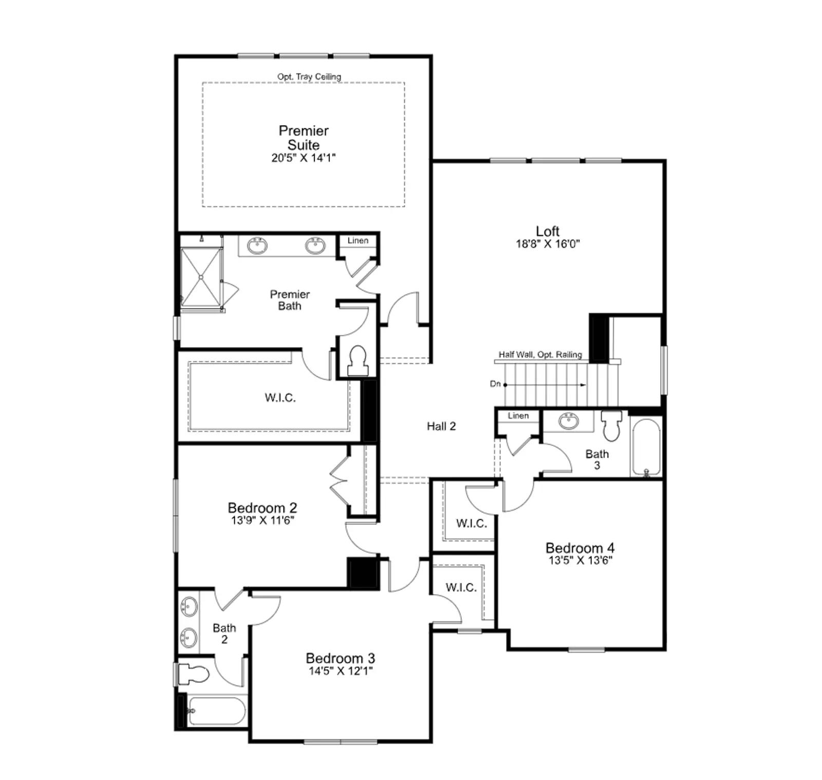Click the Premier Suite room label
pyautogui.click(x=304, y=138)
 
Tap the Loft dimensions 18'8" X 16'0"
pyautogui.click(x=548, y=244)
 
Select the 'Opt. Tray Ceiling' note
pyautogui.click(x=309, y=77)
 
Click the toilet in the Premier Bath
pyautogui.click(x=358, y=360)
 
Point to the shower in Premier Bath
pyautogui.click(x=201, y=277)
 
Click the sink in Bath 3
pyautogui.click(x=568, y=421)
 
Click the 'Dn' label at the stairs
pyautogui.click(x=495, y=384)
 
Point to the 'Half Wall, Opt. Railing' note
pyautogui.click(x=540, y=354)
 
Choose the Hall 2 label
pyautogui.click(x=441, y=426)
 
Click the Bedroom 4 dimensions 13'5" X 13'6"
pyautogui.click(x=581, y=560)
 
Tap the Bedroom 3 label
pyautogui.click(x=340, y=658)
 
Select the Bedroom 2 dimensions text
pyautogui.click(x=263, y=521)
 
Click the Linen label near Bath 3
pyautogui.click(x=518, y=416)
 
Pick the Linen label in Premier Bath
pyautogui.click(x=358, y=240)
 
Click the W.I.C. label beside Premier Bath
pyautogui.click(x=281, y=397)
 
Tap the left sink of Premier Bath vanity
pyautogui.click(x=257, y=245)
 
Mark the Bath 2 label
pyautogui.click(x=225, y=634)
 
